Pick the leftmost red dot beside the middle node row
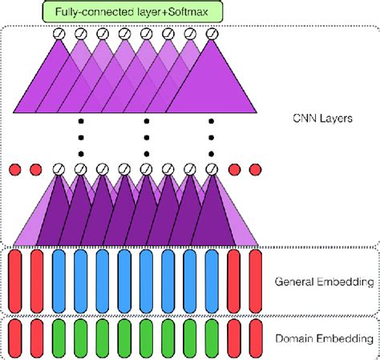[x=14, y=169]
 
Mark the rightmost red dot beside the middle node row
[x=255, y=169]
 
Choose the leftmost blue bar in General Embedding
[x=59, y=280]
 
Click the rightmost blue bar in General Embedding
[x=211, y=280]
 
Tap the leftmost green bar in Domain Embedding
[x=59, y=338]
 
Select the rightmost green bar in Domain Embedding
[x=211, y=338]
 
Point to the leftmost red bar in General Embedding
[x=15, y=280]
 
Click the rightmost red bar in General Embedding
[x=255, y=280]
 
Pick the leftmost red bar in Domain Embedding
[x=15, y=338]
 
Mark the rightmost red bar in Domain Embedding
[x=255, y=338]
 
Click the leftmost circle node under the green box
[x=58, y=34]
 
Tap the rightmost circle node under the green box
[x=212, y=34]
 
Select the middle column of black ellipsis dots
[x=146, y=137]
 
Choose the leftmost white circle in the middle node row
[x=58, y=169]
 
